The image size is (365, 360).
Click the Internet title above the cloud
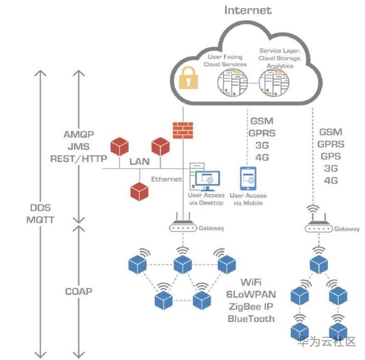[x=248, y=10]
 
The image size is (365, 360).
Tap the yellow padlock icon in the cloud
[x=188, y=78]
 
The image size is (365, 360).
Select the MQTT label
[x=40, y=219]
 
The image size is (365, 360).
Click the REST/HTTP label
[x=79, y=159]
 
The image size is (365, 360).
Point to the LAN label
[x=139, y=161]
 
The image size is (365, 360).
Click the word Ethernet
[x=166, y=179]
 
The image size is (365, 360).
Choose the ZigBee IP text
[x=251, y=306]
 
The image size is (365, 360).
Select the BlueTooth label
[x=251, y=318]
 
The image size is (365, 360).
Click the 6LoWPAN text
[x=251, y=294]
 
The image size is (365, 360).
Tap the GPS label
[x=331, y=156]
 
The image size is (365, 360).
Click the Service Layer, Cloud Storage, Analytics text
[x=279, y=58]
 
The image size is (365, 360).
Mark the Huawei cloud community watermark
[x=326, y=342]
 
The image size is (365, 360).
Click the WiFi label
[x=251, y=281]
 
